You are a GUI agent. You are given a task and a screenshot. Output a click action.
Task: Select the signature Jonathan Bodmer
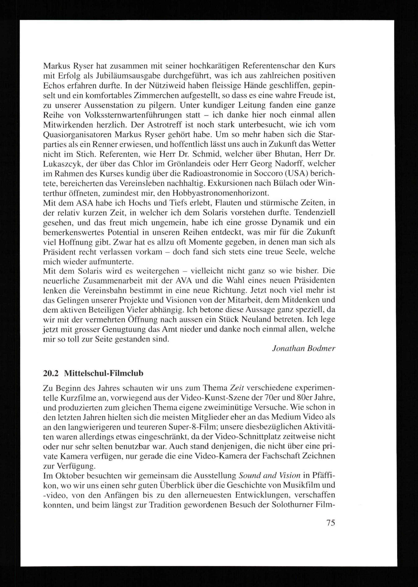pyautogui.click(x=303, y=349)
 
